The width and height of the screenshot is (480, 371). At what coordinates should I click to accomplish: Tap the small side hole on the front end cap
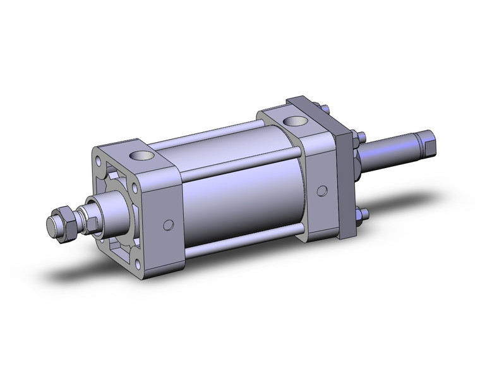[x=168, y=224]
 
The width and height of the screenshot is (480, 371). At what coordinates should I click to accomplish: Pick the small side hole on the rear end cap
[x=322, y=190]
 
